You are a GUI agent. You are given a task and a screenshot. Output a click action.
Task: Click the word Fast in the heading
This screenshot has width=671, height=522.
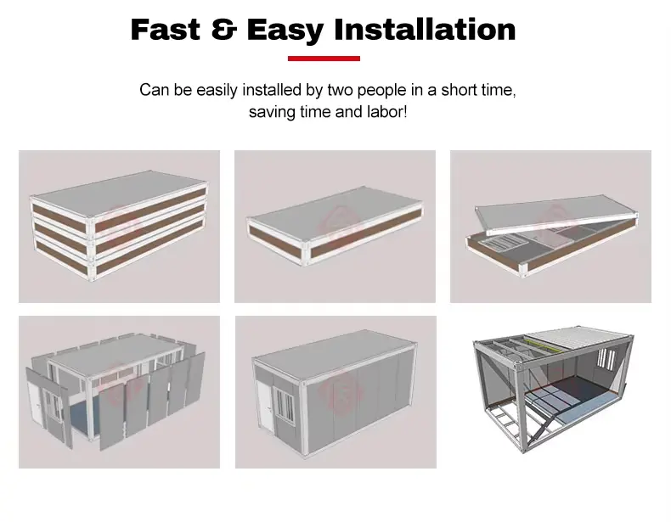[165, 30]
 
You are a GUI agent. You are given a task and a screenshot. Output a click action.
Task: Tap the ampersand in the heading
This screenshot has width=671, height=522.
[224, 30]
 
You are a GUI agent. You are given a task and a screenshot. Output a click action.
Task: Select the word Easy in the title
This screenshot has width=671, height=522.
[285, 31]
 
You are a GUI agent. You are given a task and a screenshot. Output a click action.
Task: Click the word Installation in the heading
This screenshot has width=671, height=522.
[425, 30]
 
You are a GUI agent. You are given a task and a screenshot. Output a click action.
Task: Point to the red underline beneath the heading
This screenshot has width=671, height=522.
[324, 59]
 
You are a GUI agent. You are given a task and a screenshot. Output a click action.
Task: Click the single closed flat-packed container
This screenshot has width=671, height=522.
[335, 226]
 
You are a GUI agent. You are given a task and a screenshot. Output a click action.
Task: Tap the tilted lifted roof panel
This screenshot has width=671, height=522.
[556, 215]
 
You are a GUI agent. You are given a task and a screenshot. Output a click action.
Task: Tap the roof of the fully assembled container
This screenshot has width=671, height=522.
[334, 351]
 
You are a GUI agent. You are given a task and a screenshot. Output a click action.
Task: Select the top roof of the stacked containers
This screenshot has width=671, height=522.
[119, 188]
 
